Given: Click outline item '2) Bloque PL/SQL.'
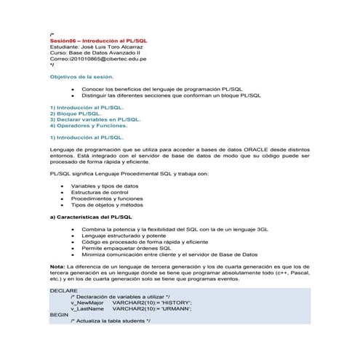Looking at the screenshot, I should pos(75,113).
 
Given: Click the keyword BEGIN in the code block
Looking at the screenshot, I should pos(59,314).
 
